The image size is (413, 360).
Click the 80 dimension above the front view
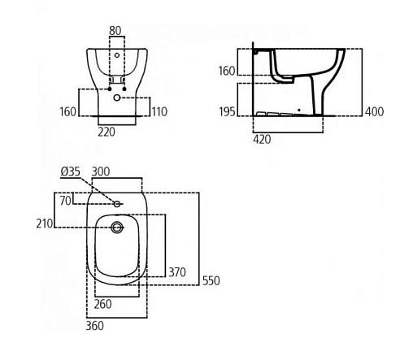coord(115,31)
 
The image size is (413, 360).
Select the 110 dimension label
coord(159,111)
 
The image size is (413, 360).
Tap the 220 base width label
coord(107,132)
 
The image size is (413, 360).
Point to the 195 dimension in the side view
coord(227,111)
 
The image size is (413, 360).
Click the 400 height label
coord(374,111)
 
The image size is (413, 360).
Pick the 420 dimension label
coord(262,139)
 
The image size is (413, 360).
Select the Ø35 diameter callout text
coord(71,171)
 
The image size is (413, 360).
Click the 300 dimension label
coord(101,171)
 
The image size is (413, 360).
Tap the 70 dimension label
coord(66,201)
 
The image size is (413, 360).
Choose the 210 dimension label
coord(45,223)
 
